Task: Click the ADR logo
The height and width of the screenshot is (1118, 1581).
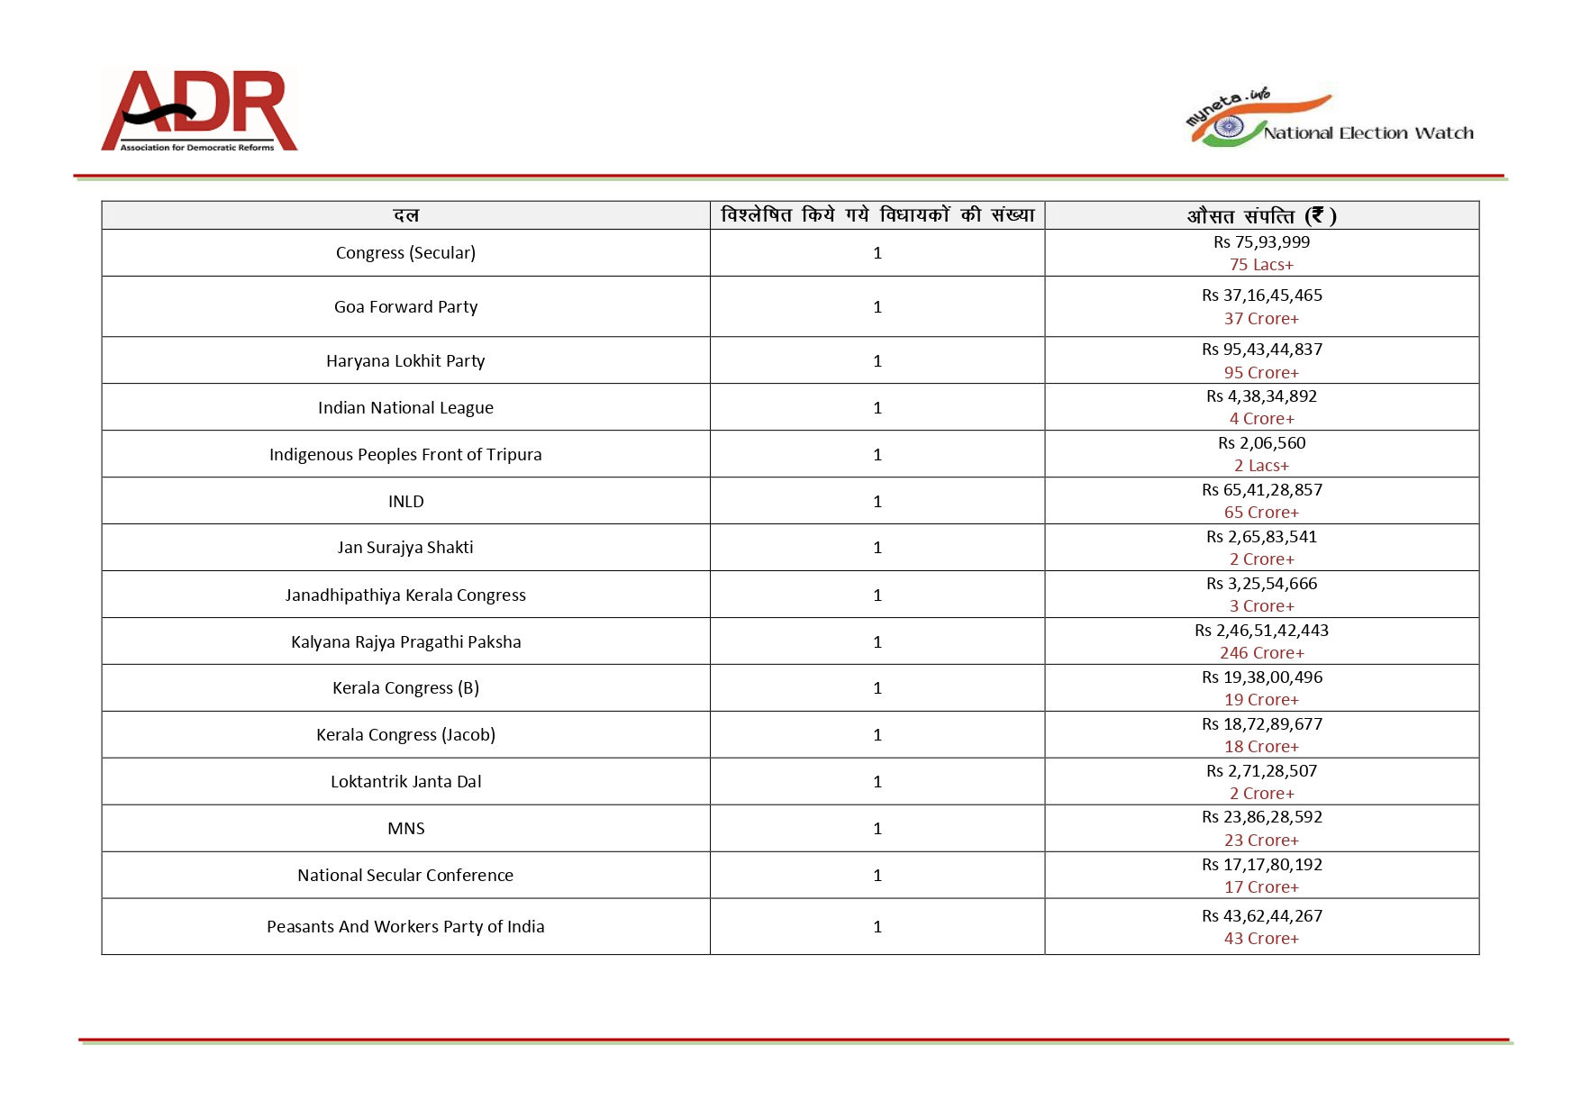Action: click(199, 110)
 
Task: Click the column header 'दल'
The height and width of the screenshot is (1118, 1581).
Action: click(405, 215)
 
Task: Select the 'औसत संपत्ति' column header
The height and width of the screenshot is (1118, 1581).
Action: click(1261, 215)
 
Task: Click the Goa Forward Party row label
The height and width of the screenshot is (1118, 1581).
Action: click(405, 307)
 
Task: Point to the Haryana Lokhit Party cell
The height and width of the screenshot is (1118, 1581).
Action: click(405, 361)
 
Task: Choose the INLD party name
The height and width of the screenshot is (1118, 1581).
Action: click(405, 502)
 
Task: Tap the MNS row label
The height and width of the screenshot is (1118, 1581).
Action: click(405, 829)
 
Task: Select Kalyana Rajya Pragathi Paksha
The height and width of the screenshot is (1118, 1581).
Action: click(405, 642)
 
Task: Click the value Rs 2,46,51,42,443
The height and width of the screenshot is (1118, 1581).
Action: click(1261, 631)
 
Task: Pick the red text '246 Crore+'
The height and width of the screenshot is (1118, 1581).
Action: click(1261, 653)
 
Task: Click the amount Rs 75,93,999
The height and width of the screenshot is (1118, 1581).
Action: click(1261, 242)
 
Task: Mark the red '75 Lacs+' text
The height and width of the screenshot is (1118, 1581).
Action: click(1261, 265)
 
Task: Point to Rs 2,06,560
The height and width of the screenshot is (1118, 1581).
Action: click(1261, 443)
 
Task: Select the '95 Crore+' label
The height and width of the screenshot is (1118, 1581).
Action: click(1261, 373)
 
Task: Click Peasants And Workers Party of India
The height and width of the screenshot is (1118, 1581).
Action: click(405, 927)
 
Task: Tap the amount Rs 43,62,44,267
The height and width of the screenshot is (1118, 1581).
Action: click(1261, 916)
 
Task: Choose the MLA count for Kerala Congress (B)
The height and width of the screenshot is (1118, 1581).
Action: click(877, 689)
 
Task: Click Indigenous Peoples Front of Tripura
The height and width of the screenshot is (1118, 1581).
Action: click(405, 455)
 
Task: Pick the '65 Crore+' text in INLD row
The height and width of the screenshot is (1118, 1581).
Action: click(1261, 513)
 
